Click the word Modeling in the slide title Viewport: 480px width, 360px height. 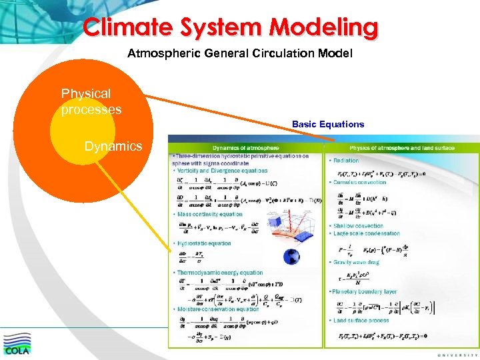click(x=324, y=27)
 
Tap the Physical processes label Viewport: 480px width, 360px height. click(x=91, y=101)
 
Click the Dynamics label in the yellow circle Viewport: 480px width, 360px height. click(x=113, y=146)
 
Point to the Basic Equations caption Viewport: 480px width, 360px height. click(x=327, y=124)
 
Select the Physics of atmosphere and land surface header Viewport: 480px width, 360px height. click(x=402, y=147)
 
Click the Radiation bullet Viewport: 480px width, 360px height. click(x=345, y=161)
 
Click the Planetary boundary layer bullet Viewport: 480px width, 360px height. click(x=364, y=292)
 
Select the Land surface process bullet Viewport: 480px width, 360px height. click(x=360, y=321)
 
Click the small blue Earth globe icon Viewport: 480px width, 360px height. click(x=291, y=257)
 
